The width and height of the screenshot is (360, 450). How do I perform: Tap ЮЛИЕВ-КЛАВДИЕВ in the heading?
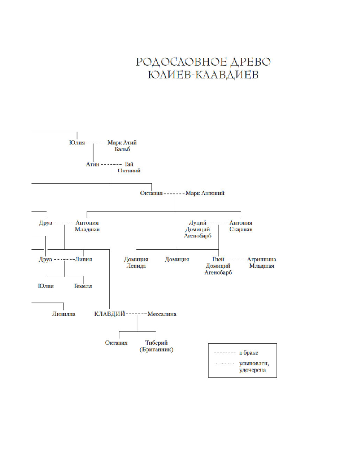(x=203, y=75)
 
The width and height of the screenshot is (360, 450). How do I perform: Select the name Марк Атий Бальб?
(x=122, y=146)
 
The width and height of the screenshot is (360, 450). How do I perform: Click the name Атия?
(x=92, y=164)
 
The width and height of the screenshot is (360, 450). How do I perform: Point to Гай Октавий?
(x=130, y=167)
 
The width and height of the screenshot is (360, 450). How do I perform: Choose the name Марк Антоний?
(x=205, y=193)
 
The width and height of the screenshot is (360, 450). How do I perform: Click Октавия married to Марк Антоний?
(x=151, y=193)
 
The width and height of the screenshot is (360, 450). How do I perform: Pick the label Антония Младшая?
(x=87, y=225)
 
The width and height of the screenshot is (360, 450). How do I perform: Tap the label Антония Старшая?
(x=241, y=225)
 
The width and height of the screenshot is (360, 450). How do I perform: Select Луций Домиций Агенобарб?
(x=198, y=229)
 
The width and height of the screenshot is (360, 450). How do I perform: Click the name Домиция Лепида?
(x=136, y=262)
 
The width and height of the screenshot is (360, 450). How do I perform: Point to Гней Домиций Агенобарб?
(x=218, y=265)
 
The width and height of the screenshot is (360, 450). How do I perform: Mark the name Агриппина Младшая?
(x=261, y=262)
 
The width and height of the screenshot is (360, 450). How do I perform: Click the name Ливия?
(x=84, y=259)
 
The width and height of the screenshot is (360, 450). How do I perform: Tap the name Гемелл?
(x=83, y=286)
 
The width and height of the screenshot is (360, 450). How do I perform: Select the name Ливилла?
(x=63, y=314)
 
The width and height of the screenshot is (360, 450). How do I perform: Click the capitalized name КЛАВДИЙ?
(x=109, y=314)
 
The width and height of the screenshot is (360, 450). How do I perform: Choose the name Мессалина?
(x=162, y=314)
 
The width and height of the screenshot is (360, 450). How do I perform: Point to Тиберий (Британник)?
(x=157, y=346)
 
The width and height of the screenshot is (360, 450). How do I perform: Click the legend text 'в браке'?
(x=249, y=353)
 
